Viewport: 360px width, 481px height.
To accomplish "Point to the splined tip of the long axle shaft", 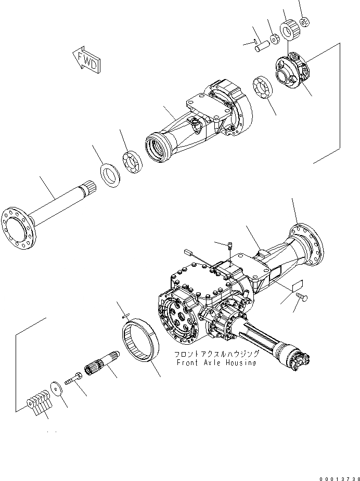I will coord(86,185).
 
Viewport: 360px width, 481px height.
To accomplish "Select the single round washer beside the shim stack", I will coord(57,389).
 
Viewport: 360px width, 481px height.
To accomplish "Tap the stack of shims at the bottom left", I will coord(38,403).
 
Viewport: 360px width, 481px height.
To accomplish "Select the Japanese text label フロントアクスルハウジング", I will coord(215,354).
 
